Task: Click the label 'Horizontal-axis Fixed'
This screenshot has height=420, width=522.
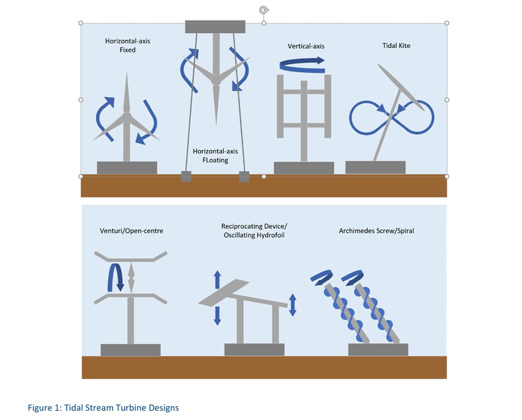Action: (x=127, y=45)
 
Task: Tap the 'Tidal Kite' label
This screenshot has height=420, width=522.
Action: (x=396, y=45)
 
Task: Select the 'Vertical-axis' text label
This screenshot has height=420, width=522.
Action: (x=306, y=46)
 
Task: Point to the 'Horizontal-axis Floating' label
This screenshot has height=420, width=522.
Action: (x=215, y=156)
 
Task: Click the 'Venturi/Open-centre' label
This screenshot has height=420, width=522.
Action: (x=132, y=231)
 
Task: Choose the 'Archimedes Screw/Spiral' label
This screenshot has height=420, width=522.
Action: (x=376, y=231)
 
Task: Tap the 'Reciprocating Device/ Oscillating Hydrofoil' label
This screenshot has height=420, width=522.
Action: (x=251, y=230)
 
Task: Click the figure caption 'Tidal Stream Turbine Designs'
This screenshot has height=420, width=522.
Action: (x=103, y=408)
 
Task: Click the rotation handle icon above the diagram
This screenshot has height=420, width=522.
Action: (x=264, y=10)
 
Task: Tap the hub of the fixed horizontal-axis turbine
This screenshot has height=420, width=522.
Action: (x=127, y=117)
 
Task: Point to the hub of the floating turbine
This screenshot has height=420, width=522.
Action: (x=216, y=80)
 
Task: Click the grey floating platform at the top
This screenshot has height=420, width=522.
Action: (x=215, y=27)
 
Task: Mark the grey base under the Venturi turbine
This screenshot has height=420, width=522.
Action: (x=130, y=350)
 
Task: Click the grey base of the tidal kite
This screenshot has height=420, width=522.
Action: (x=375, y=167)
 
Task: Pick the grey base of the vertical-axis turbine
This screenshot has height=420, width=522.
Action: (x=304, y=168)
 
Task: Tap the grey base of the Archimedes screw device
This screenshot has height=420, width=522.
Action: (x=378, y=349)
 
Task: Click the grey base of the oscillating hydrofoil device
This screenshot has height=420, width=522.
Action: (x=254, y=349)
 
